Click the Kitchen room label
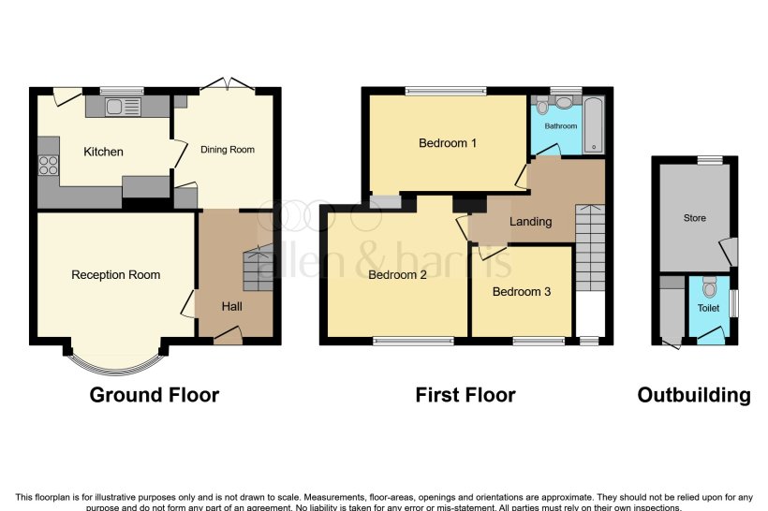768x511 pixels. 103,152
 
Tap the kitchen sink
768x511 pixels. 122,107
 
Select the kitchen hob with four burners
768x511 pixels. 49,167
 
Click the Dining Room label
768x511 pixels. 228,150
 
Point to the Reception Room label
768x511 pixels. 115,275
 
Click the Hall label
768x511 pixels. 231,306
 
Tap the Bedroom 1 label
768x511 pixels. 448,143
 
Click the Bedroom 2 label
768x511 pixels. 397,275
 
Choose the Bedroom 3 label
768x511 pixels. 522,291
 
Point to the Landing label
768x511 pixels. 530,222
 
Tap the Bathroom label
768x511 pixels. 562,125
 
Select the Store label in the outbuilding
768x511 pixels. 694,218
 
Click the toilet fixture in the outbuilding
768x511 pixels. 709,285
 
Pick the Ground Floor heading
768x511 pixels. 154,395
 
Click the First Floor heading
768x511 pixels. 465,395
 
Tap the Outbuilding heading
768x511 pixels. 694,395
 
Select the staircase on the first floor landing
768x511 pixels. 589,249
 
